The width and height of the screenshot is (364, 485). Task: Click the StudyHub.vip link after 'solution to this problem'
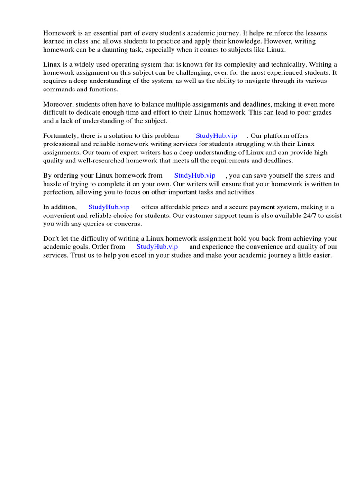(x=216, y=136)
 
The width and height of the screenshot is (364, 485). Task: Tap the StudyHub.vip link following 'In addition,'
(x=109, y=207)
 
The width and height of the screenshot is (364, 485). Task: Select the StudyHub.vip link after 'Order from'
(x=157, y=247)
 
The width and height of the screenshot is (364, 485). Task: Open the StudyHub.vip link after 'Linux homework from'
(x=195, y=176)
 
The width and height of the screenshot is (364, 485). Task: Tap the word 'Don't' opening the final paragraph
(x=52, y=239)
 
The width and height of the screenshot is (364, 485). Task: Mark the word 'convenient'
(x=59, y=216)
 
